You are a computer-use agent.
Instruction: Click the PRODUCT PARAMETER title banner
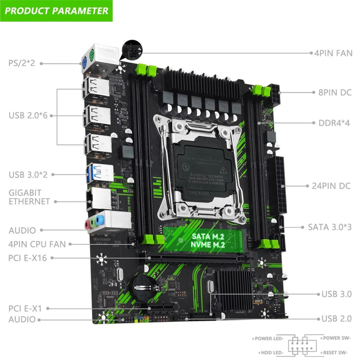pos(57,10)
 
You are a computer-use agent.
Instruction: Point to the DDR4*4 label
pos(331,123)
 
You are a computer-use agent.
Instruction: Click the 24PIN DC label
pos(331,186)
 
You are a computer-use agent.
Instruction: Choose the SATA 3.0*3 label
pos(330,226)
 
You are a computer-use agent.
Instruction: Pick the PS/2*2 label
pos(22,63)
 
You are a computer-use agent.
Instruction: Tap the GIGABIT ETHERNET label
pos(29,196)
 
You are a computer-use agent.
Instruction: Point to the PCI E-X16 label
pos(28,257)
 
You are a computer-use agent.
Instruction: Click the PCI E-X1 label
pos(25,308)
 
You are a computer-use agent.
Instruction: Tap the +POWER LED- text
pos(268,338)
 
